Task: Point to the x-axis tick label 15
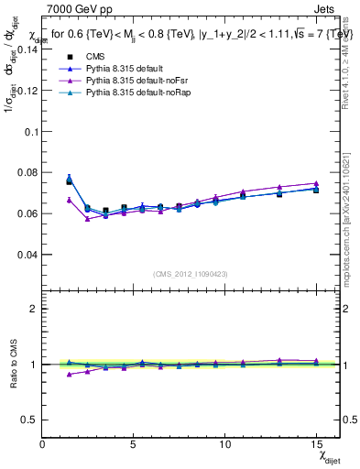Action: [x=315, y=444]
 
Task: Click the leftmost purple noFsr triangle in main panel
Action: [x=70, y=200]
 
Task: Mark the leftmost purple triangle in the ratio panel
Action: [x=70, y=374]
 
